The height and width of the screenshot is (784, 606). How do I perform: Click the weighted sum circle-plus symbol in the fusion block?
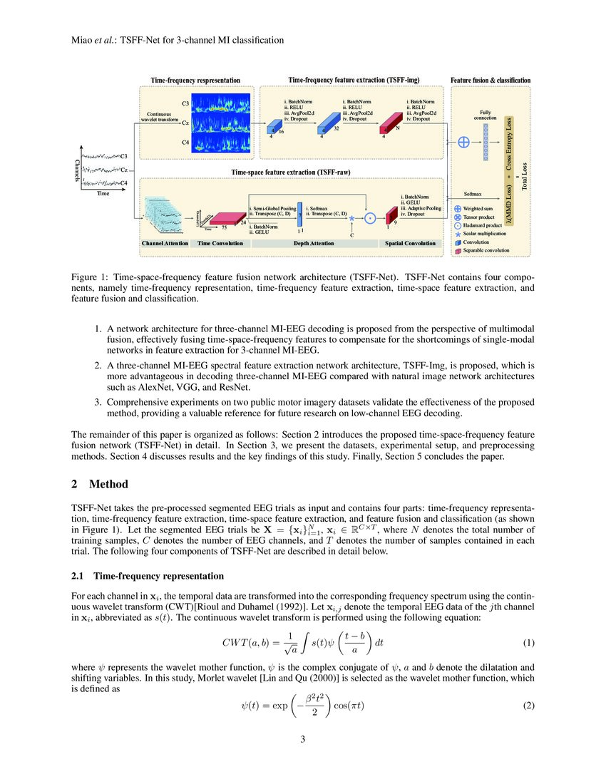click(463, 141)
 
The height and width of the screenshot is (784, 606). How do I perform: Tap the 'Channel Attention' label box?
click(165, 244)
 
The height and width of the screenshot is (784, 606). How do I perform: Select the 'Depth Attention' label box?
click(314, 244)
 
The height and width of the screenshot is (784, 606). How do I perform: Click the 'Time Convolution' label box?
click(220, 244)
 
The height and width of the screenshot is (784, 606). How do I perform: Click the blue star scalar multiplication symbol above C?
click(351, 220)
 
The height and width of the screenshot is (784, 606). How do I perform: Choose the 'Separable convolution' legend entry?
click(488, 250)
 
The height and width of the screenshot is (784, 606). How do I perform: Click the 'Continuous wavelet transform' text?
click(162, 115)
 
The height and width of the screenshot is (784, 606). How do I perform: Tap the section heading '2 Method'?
click(100, 485)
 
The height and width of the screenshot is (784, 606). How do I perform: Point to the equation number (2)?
click(528, 706)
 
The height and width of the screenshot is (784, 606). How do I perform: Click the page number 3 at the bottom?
click(302, 739)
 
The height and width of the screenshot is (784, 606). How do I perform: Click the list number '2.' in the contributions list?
click(98, 364)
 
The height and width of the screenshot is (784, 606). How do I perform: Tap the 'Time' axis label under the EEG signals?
click(103, 193)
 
